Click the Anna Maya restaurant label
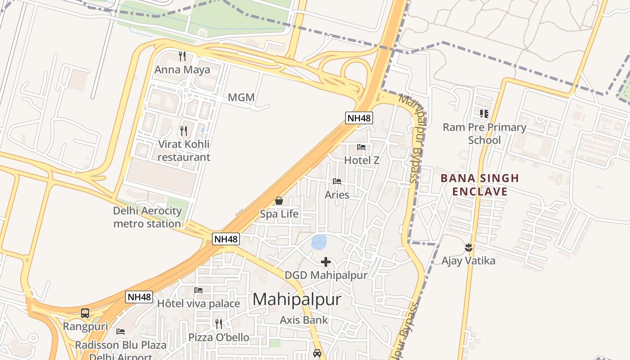[182, 70]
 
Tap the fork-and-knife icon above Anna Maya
[182, 56]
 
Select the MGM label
[241, 97]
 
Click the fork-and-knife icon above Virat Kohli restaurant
[184, 131]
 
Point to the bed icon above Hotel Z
[361, 147]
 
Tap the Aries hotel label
[337, 195]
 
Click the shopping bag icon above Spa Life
[279, 201]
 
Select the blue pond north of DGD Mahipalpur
[319, 242]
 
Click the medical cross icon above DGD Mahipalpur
[326, 261]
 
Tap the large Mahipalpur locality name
[297, 299]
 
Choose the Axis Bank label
[304, 320]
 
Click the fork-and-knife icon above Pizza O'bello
[219, 324]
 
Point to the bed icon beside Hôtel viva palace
[198, 290]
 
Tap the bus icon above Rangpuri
[85, 313]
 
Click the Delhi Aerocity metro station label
[148, 217]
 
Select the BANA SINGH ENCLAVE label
[480, 185]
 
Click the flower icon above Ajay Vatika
[468, 247]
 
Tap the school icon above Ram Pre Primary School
[484, 114]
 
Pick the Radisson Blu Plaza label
[121, 345]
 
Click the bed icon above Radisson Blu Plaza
[121, 332]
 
